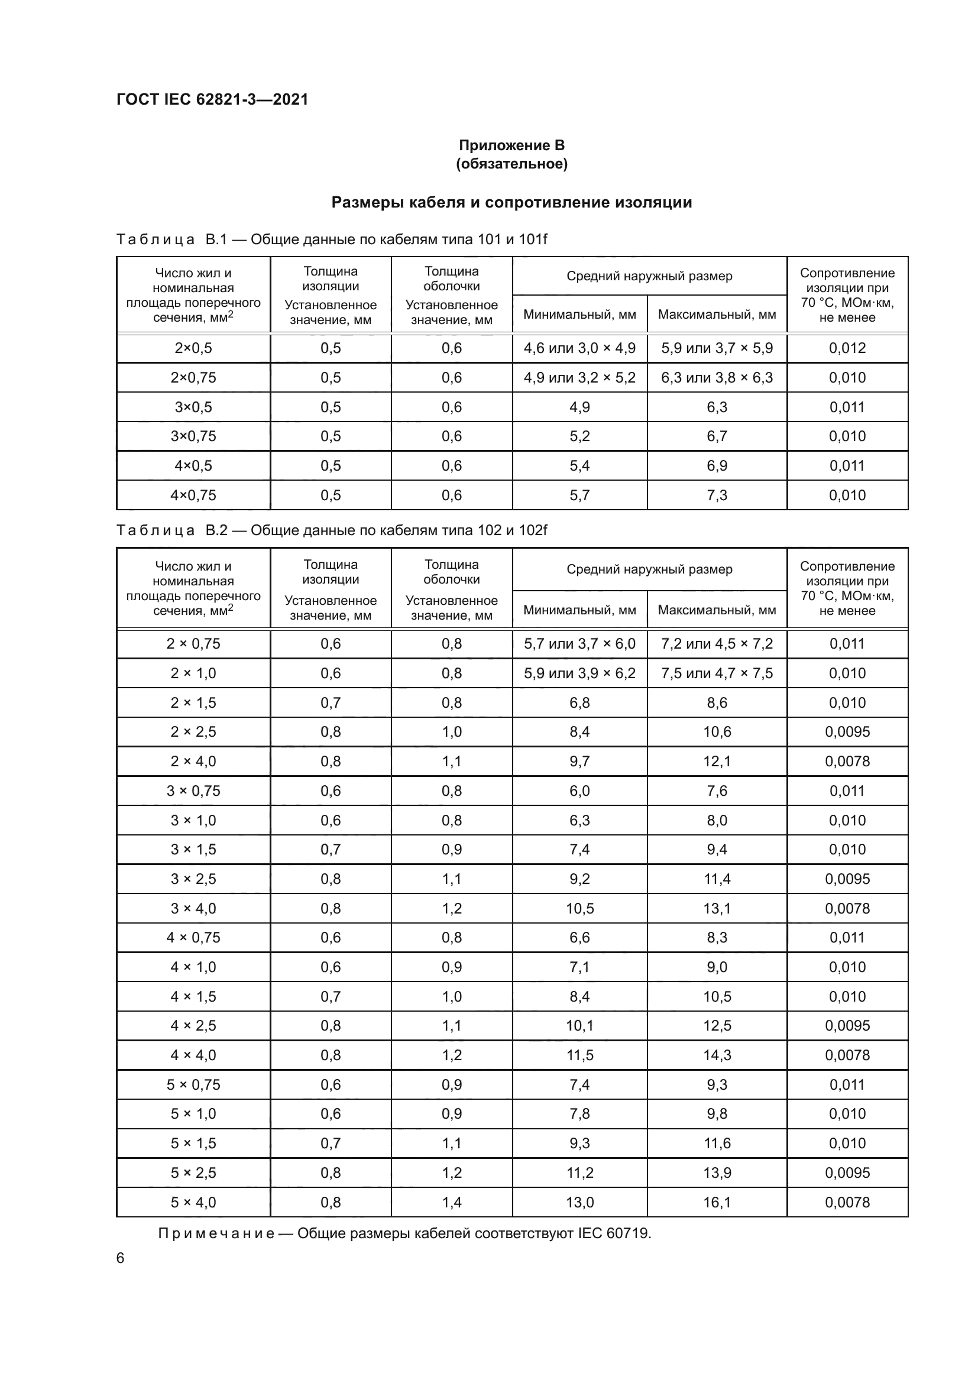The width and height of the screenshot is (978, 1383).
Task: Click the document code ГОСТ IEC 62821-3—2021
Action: point(212,99)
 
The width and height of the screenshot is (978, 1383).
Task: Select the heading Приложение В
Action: point(511,145)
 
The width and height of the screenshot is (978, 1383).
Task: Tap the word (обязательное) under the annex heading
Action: point(511,164)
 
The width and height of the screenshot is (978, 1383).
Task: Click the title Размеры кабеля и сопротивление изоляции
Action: point(511,202)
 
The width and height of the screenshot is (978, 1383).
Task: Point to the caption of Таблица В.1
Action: point(331,239)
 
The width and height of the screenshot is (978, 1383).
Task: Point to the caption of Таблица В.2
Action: point(331,530)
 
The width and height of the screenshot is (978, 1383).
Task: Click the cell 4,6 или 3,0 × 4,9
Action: point(579,348)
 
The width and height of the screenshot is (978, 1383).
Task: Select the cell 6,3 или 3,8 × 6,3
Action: point(717,378)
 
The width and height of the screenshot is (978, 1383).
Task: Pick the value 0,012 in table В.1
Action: point(847,348)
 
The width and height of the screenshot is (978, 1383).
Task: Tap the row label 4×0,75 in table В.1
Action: point(193,495)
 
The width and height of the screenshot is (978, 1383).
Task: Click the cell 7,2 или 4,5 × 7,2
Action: point(717,644)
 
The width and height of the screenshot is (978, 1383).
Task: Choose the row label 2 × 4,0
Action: point(193,762)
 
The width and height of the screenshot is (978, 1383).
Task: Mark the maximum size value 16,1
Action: point(717,1203)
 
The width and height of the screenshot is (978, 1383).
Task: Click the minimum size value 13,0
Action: point(579,1203)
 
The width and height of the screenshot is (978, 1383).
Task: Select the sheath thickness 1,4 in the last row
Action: point(452,1203)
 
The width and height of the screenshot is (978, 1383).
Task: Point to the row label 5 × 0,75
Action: point(193,1085)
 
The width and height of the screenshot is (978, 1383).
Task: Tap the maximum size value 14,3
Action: point(717,1055)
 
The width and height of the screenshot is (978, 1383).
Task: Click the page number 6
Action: point(121,1258)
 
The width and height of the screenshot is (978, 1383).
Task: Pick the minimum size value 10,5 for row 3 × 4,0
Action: point(579,908)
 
